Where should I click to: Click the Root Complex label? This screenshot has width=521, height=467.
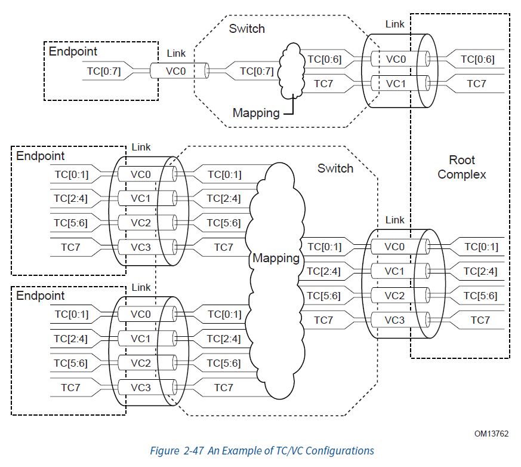point(461,167)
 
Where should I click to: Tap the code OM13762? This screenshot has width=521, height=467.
point(491,434)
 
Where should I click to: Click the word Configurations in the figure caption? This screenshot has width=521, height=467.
point(340,451)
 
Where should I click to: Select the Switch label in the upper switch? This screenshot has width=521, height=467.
point(247,29)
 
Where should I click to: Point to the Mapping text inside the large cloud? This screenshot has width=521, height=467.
point(276,258)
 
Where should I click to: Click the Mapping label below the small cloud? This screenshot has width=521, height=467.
point(256,113)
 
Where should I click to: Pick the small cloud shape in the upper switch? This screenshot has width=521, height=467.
point(291,71)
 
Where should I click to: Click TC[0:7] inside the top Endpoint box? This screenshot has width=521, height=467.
point(104,71)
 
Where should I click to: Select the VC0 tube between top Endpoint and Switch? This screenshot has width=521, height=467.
point(180,71)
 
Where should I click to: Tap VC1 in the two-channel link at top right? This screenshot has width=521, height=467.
point(396,84)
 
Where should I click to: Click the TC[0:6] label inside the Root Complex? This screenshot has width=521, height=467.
point(477,59)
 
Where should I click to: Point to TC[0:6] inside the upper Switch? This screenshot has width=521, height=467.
point(324,59)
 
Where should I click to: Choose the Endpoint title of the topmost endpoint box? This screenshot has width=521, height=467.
point(73,51)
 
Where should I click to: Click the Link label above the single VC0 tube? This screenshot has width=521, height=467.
point(176,53)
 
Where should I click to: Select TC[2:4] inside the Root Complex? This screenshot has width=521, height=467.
point(480,272)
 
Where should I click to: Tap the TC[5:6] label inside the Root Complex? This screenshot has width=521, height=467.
point(480,296)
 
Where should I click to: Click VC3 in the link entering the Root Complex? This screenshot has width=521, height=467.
point(394,320)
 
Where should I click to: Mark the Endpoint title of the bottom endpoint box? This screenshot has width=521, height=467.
point(40,296)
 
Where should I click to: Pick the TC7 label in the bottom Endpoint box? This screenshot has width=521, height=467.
point(70,388)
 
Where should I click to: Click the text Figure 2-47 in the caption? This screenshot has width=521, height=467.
point(177,451)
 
